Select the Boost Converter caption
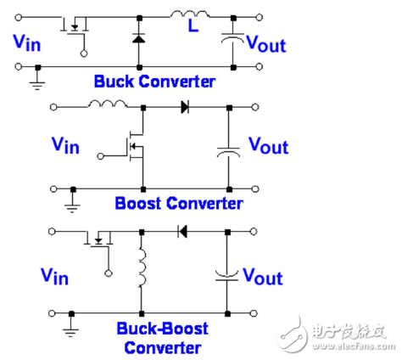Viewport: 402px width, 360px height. pyautogui.click(x=179, y=203)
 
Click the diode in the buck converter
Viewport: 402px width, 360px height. pyautogui.click(x=139, y=37)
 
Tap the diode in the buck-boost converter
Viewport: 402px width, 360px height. pyautogui.click(x=181, y=230)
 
